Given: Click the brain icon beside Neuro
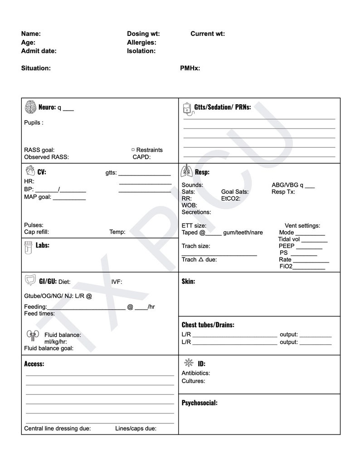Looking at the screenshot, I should [x=30, y=107].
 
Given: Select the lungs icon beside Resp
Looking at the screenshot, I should [x=186, y=172].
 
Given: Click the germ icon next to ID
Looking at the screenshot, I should [x=189, y=363].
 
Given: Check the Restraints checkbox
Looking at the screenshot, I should [x=133, y=150].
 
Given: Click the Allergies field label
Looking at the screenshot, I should [x=141, y=43].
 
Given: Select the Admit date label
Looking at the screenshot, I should [x=39, y=51].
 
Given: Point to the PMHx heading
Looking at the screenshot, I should [x=190, y=68].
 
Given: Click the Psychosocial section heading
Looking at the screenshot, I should [x=199, y=403].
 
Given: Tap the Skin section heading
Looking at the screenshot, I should [x=188, y=282].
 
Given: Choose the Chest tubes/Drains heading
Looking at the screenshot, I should [x=208, y=325].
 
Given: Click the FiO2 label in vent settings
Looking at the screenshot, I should [x=286, y=267].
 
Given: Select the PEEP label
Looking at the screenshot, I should [x=287, y=246].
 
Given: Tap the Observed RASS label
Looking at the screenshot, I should [x=46, y=157].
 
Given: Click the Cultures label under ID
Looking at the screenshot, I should [x=193, y=381].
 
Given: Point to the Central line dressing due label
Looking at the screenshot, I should [x=57, y=428].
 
